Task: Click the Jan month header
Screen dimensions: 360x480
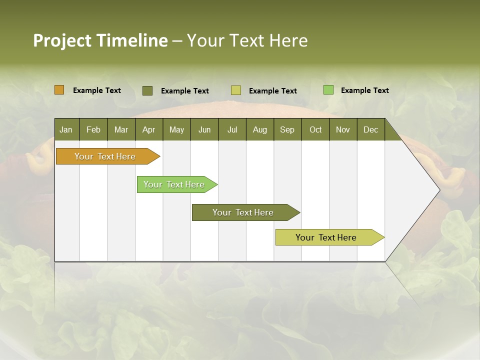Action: [x=66, y=129]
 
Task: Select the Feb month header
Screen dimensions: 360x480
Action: [x=93, y=129]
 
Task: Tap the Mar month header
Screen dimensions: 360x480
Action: [x=121, y=129]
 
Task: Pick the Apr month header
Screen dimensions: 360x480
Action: [x=149, y=129]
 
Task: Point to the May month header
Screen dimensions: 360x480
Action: [x=176, y=129]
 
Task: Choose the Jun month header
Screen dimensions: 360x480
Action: [x=204, y=129]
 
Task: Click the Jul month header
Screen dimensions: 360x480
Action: [x=232, y=129]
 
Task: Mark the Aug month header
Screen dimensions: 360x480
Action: [x=260, y=129]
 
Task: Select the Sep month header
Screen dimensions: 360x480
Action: [x=287, y=129]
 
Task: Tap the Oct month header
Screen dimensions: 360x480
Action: [x=315, y=129]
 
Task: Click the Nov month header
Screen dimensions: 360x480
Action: [x=343, y=129]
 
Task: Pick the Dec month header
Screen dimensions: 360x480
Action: [x=371, y=129]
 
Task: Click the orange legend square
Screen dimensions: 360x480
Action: [x=59, y=90]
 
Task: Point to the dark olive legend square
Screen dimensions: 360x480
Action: [x=147, y=90]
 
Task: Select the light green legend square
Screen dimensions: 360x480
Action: [x=328, y=90]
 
